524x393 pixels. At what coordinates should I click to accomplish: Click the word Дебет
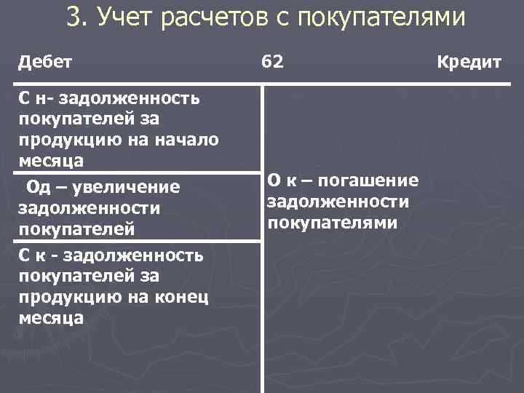click(x=45, y=63)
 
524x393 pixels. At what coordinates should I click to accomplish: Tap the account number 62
click(x=273, y=63)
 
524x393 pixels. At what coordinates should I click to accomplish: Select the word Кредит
click(x=469, y=63)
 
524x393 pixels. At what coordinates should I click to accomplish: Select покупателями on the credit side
click(x=333, y=222)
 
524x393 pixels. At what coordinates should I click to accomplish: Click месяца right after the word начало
click(x=49, y=159)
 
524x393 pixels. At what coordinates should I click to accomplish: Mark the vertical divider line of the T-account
click(x=262, y=306)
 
